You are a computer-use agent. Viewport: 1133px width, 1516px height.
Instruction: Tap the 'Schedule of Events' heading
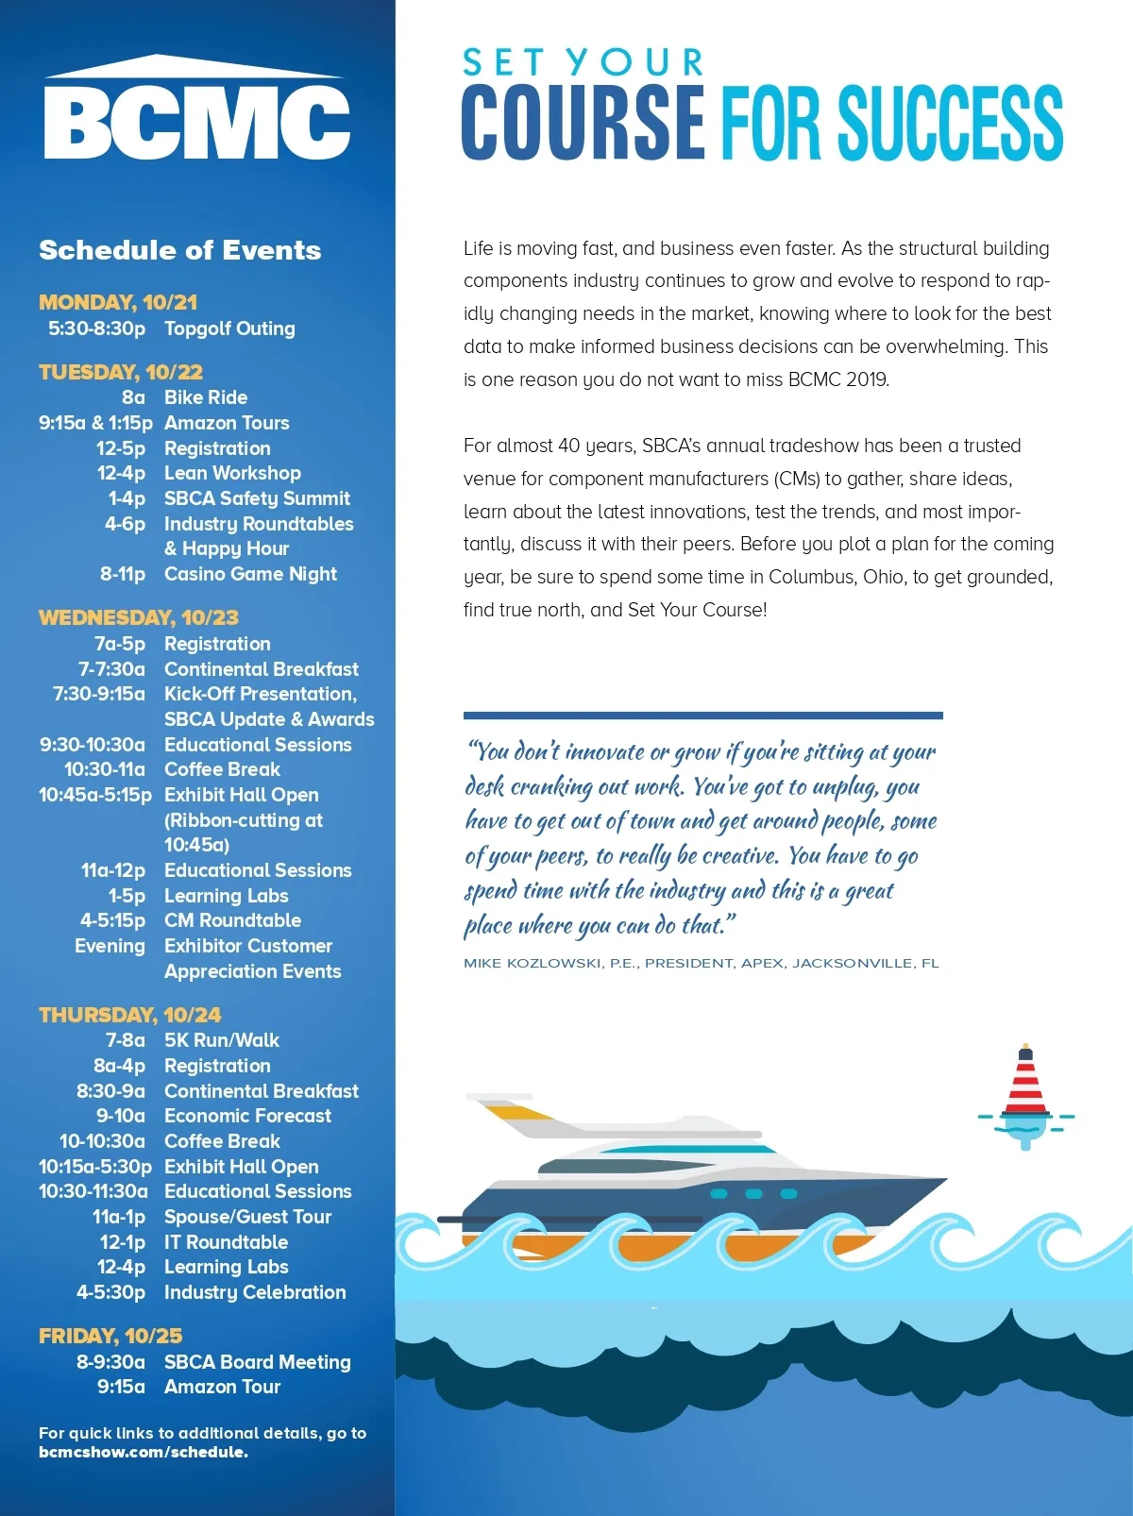180,250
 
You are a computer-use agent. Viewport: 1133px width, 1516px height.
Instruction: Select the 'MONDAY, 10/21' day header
118,302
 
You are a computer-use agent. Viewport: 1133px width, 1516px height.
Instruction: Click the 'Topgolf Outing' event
229,328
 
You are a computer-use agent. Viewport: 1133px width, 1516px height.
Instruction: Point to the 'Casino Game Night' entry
250,574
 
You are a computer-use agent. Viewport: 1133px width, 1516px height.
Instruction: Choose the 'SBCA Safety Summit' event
257,498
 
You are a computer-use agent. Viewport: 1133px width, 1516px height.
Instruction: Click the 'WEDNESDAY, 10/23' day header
139,617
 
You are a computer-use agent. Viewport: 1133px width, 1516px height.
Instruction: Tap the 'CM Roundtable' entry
232,920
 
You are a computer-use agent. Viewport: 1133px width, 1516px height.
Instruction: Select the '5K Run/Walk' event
222,1040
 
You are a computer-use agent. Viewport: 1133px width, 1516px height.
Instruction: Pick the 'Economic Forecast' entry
247,1116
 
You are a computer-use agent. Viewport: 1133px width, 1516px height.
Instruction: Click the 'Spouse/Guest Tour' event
247,1217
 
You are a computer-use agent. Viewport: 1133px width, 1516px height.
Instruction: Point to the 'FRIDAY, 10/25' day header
110,1336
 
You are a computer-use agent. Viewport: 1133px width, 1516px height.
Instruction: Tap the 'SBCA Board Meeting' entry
257,1362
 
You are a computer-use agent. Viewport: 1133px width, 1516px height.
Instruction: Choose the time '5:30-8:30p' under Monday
97,328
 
